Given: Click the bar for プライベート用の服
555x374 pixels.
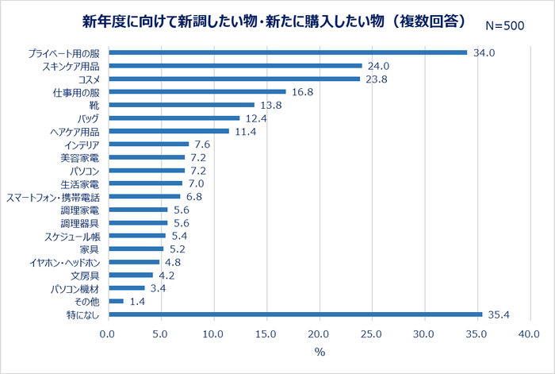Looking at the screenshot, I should [x=288, y=53].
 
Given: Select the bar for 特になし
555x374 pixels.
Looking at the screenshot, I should [x=295, y=314].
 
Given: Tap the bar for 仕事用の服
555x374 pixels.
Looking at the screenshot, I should [x=197, y=92].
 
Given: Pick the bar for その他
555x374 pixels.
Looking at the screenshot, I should [x=116, y=302].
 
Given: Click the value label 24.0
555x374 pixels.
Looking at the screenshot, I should [x=378, y=67].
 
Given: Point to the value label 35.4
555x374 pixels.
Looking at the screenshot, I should [x=499, y=315].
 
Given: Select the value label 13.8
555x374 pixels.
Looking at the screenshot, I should [x=270, y=106].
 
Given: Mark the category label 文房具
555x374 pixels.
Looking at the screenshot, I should [x=85, y=276].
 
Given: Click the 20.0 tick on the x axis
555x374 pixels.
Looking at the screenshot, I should [x=319, y=334].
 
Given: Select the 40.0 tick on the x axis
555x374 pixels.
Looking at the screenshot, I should [x=529, y=334].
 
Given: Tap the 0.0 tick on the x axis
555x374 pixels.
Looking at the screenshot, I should [x=108, y=334].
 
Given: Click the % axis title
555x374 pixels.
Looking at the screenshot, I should [x=319, y=353].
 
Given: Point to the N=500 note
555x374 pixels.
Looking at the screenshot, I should [x=504, y=25].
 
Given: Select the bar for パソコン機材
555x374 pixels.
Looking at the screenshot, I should [x=127, y=288].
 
